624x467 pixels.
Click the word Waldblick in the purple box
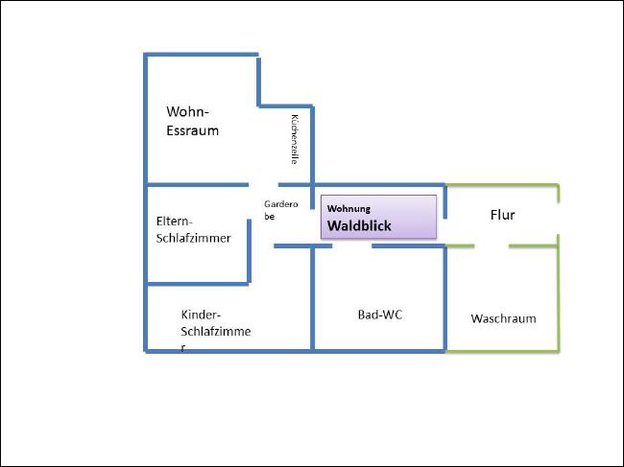point(359,225)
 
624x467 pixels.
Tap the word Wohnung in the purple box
point(348,209)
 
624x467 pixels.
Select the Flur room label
point(502,215)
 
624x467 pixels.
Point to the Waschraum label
point(503,318)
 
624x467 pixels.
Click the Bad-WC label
point(380,315)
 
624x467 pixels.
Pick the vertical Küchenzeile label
point(295,139)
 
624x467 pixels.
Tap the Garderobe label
point(281,210)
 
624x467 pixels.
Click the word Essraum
point(193,130)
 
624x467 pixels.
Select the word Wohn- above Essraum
point(187,111)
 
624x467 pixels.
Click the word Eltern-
point(175,221)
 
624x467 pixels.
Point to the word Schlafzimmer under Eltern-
point(193,238)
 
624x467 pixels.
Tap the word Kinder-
point(201,315)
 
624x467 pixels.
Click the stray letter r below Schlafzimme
point(183,348)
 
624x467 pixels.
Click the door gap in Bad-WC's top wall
point(351,246)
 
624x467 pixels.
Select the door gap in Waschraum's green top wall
point(492,246)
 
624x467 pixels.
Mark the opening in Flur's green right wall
point(559,219)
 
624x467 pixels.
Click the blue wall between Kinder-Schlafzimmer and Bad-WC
point(312,298)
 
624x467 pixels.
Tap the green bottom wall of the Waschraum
point(503,351)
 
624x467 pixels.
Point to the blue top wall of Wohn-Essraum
point(201,55)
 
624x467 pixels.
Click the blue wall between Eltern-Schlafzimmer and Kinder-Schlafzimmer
point(198,284)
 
